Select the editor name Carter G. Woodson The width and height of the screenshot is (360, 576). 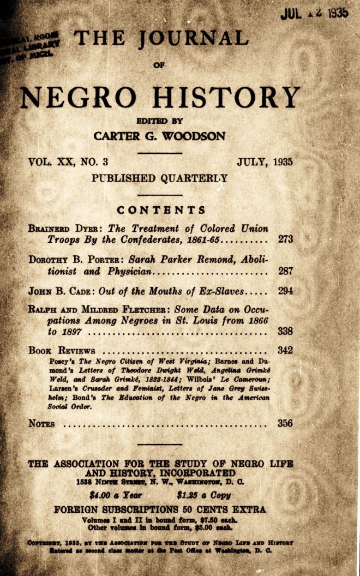pos(159,136)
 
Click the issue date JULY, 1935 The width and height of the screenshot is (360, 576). pos(265,162)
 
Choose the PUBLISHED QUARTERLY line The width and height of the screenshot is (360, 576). pos(159,177)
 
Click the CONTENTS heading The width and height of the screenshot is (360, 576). pos(161,210)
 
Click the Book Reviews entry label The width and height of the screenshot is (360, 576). pos(62,351)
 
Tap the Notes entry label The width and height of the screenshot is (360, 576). pos(41,423)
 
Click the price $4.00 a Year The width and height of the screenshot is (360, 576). pos(115,496)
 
